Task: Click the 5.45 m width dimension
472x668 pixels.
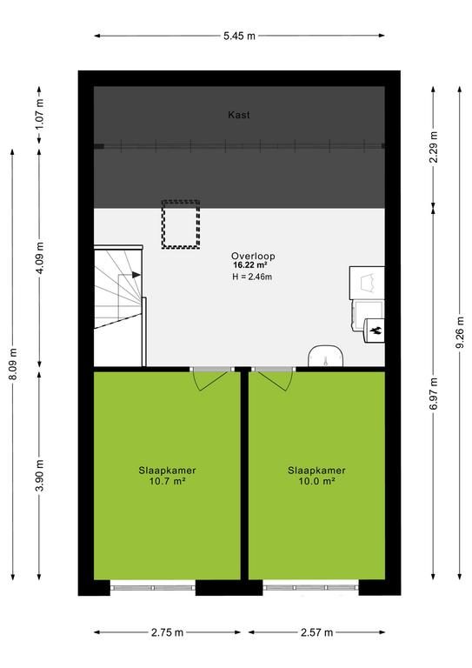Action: (x=239, y=36)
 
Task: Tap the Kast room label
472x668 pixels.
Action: (x=239, y=115)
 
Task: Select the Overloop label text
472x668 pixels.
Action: (x=253, y=256)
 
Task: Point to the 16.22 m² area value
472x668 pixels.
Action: (x=249, y=265)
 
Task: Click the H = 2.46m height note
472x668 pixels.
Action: (x=252, y=277)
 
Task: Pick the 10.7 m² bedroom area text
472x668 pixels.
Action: (x=167, y=481)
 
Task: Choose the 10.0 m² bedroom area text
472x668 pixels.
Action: (x=316, y=481)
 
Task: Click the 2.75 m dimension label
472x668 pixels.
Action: (x=167, y=632)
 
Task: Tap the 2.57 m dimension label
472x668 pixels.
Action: (x=316, y=632)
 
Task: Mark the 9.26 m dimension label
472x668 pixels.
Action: (x=460, y=333)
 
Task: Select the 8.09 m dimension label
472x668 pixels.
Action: (x=13, y=364)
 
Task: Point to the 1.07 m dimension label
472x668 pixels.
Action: (x=39, y=114)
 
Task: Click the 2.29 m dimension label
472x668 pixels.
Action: (x=433, y=147)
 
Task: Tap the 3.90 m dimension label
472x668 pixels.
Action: (x=39, y=476)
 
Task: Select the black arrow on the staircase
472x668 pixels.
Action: (x=136, y=275)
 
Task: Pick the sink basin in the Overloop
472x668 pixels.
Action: (x=326, y=356)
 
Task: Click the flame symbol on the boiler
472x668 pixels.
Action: (x=376, y=331)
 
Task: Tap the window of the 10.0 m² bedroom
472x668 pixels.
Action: (x=310, y=587)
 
